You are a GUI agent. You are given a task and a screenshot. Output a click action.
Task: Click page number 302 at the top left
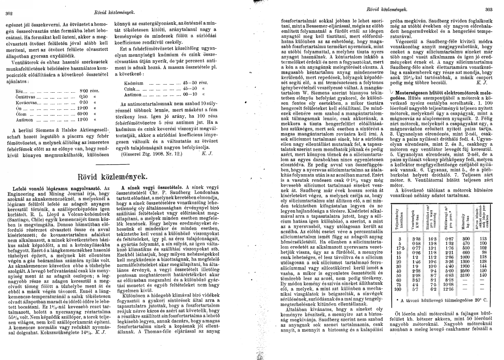[x=8, y=13]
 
